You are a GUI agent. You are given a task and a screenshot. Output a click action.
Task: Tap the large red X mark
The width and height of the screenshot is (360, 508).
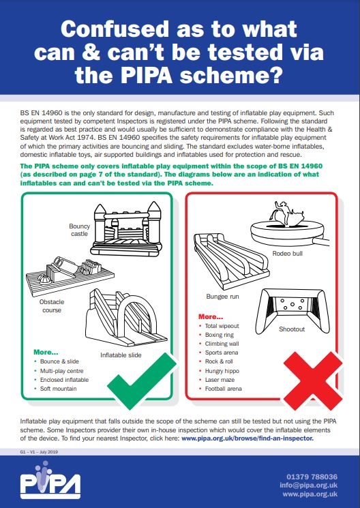tap(313, 380)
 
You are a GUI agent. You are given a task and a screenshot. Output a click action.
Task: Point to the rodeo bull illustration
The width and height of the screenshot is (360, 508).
tap(288, 227)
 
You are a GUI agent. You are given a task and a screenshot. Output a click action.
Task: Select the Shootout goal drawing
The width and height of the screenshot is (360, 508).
tap(292, 310)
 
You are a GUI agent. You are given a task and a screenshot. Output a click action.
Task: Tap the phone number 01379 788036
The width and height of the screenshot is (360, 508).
tap(312, 477)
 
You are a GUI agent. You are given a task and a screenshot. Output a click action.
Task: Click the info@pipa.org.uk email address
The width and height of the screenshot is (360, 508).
tap(308, 485)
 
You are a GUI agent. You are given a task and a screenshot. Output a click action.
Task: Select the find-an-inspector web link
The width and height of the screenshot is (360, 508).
tap(247, 438)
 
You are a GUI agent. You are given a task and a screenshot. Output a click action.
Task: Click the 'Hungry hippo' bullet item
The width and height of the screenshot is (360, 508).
tap(222, 371)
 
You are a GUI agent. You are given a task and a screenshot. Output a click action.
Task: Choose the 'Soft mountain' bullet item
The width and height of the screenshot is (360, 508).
tap(59, 389)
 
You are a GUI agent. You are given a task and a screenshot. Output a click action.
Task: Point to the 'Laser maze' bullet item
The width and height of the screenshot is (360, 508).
tap(220, 380)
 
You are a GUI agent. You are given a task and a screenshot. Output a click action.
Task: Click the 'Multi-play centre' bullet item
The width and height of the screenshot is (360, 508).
tap(61, 371)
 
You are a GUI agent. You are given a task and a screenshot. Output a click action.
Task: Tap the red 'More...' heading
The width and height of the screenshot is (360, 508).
tap(211, 316)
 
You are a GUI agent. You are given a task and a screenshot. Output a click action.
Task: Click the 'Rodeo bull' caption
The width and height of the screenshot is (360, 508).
tap(288, 254)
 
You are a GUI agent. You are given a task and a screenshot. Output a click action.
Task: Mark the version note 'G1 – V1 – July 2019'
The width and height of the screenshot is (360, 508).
tap(39, 451)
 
